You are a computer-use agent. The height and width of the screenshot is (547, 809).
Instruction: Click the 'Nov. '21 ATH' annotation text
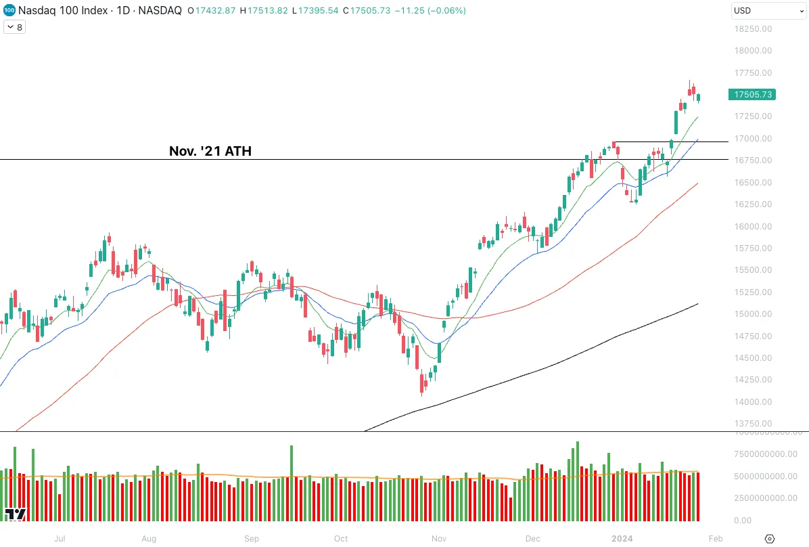click(x=210, y=152)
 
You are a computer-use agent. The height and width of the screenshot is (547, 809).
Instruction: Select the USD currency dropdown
click(x=768, y=11)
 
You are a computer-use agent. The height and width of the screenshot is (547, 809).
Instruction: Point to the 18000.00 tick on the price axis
click(x=753, y=51)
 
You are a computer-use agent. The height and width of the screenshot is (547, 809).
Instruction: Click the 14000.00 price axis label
click(x=753, y=402)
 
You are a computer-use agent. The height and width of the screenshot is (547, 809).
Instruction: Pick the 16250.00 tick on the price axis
click(x=753, y=204)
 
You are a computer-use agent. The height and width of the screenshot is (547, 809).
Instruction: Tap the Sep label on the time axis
click(x=252, y=539)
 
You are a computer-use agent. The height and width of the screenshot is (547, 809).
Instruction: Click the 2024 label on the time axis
click(x=621, y=539)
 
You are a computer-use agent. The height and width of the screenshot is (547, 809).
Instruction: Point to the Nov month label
click(x=439, y=539)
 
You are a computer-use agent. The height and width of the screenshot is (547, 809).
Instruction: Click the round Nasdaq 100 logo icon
click(x=9, y=11)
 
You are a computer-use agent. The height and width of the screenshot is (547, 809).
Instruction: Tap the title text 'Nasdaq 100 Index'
click(x=62, y=11)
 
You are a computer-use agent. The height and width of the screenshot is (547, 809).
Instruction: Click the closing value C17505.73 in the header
click(x=366, y=11)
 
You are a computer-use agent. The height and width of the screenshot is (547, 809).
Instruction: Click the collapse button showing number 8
click(x=14, y=27)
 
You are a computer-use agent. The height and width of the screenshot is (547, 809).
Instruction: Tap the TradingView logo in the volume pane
click(x=15, y=515)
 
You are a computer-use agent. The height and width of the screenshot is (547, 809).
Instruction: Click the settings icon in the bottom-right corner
click(x=770, y=539)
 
